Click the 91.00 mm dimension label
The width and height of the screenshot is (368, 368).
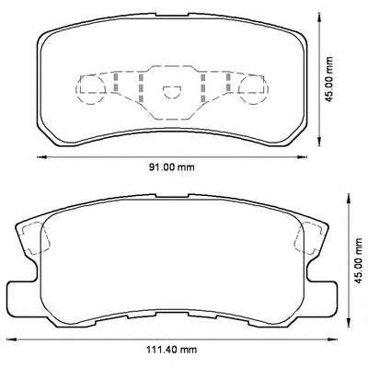click(x=172, y=167)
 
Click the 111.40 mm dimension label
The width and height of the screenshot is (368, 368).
click(x=171, y=350)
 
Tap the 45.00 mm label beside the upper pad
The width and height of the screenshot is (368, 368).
click(x=329, y=79)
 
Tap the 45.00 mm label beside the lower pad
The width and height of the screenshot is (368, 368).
click(x=358, y=261)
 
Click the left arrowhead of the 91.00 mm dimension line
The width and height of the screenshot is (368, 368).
click(x=41, y=157)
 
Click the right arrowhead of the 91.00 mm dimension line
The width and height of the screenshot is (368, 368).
click(x=302, y=157)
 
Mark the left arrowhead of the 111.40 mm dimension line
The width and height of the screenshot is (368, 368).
click(x=11, y=339)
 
